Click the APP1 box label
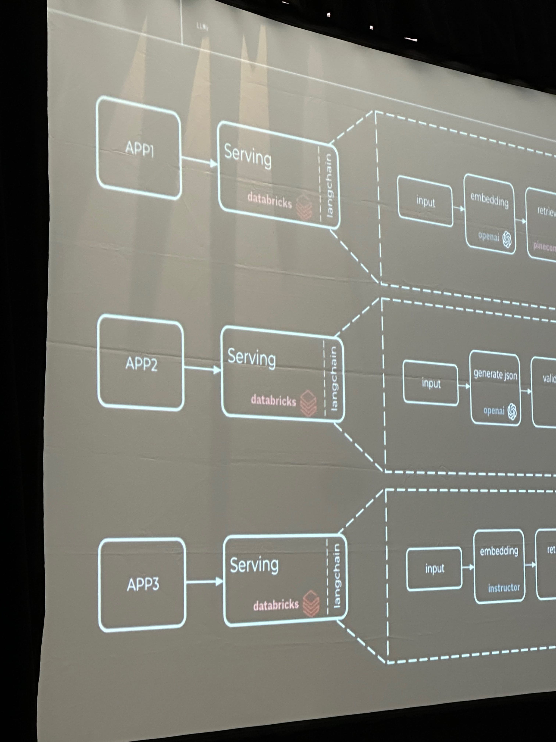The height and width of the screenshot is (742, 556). pos(139,149)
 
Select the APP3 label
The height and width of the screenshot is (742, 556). pos(143,585)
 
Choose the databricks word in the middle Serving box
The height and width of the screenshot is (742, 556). pos(273,400)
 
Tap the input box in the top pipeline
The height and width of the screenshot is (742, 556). pos(425,201)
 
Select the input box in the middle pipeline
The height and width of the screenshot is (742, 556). pos(431,383)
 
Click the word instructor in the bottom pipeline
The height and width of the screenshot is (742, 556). pos(504,588)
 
